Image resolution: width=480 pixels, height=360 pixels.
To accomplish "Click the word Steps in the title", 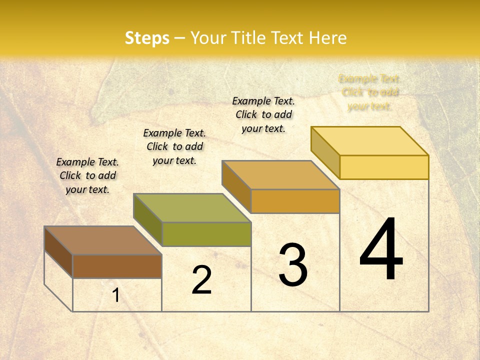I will pyautogui.click(x=147, y=38).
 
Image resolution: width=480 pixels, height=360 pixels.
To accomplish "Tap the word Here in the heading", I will pyautogui.click(x=327, y=38).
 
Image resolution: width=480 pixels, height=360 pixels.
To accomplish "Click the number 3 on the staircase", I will pyautogui.click(x=293, y=264).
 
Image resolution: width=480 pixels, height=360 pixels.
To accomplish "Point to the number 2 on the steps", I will pyautogui.click(x=201, y=280).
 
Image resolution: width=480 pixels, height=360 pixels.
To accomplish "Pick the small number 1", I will pyautogui.click(x=116, y=295).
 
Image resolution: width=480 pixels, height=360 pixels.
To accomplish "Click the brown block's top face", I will pyautogui.click(x=102, y=240).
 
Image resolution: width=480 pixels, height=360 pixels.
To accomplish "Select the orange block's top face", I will pyautogui.click(x=280, y=175).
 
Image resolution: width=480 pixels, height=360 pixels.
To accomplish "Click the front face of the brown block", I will pyautogui.click(x=117, y=266).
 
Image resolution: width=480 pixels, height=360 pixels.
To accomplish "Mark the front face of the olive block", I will pyautogui.click(x=206, y=234).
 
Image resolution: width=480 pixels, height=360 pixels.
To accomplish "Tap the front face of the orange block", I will pyautogui.click(x=295, y=201).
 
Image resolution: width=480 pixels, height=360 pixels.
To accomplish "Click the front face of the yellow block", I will pyautogui.click(x=384, y=167).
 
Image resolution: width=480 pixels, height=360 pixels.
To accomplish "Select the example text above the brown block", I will pyautogui.click(x=87, y=175).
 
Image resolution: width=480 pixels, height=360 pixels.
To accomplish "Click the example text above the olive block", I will pyautogui.click(x=174, y=146).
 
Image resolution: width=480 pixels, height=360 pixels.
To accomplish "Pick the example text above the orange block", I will pyautogui.click(x=263, y=114).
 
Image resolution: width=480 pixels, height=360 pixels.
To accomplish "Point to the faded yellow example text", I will pyautogui.click(x=369, y=92).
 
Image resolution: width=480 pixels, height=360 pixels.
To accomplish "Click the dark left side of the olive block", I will pyautogui.click(x=148, y=220).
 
